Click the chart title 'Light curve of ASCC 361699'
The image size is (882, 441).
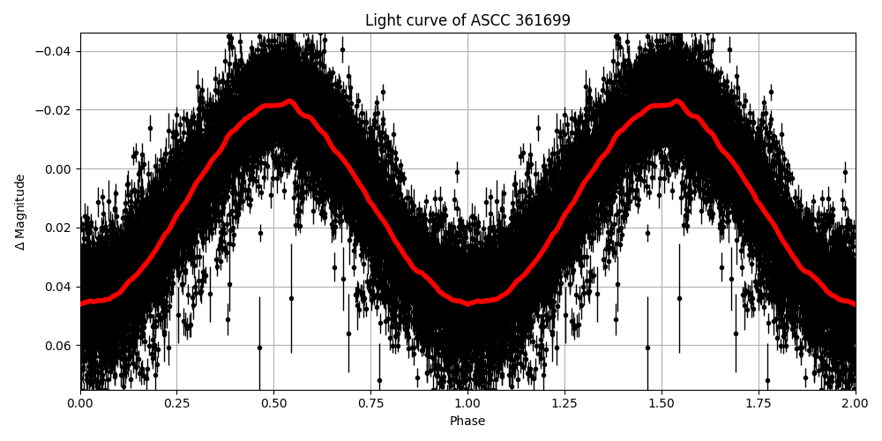(x=467, y=20)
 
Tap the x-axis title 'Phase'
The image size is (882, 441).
(x=467, y=421)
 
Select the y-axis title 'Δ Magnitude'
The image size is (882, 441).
(x=20, y=212)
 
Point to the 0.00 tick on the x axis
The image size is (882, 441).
(x=80, y=404)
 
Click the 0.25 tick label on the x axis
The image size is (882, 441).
(x=176, y=404)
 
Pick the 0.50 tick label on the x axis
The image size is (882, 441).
(x=273, y=404)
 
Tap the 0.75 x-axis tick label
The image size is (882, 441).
(x=370, y=404)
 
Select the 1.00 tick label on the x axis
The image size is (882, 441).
(x=467, y=404)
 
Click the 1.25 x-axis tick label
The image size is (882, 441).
(x=564, y=404)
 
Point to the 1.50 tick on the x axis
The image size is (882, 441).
(x=661, y=404)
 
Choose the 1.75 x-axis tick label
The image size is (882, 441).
(x=759, y=404)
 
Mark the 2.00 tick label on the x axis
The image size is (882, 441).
(x=855, y=404)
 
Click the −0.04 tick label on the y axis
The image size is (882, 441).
(x=56, y=51)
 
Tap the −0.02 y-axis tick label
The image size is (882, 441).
(x=56, y=110)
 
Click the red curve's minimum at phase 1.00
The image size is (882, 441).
(x=468, y=303)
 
